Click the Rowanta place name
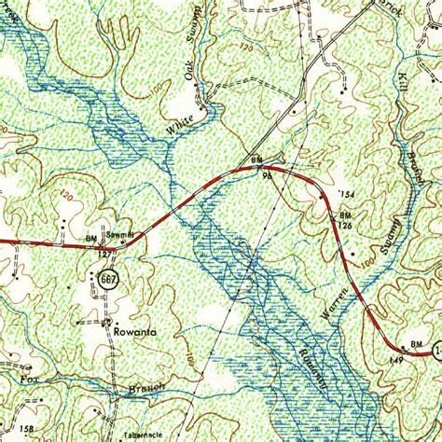131,329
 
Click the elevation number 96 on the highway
266,173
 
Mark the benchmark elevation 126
344,225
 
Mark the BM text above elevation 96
256,158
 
